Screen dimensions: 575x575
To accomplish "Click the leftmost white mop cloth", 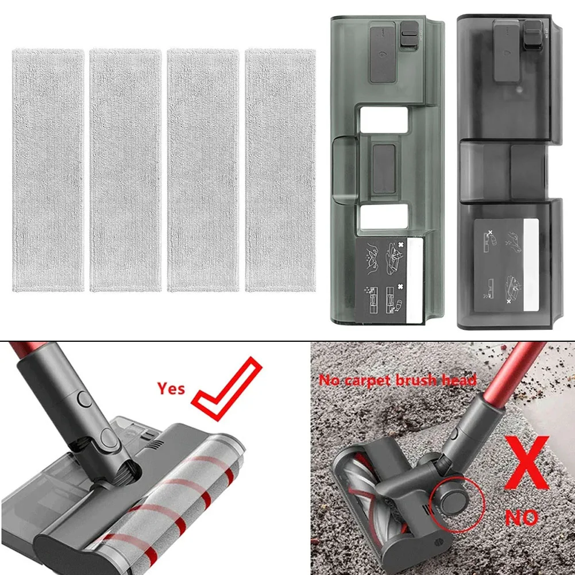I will click(48, 171).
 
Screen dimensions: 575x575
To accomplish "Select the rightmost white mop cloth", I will click(280, 171).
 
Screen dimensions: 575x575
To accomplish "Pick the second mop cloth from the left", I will click(126, 171).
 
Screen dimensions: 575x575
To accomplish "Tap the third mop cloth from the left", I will click(203, 171).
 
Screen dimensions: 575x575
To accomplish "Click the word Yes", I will click(171, 389).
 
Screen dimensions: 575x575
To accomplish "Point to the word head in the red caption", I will click(463, 380).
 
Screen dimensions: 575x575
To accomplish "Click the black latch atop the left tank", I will click(409, 36).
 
